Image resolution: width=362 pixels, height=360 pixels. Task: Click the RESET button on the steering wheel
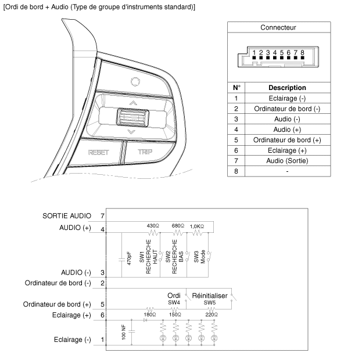[x=99, y=153]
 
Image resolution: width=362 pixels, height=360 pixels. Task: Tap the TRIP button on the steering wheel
[x=144, y=153]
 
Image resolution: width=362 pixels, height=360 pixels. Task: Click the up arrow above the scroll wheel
[x=133, y=103]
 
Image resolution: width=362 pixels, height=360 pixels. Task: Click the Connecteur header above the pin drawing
[x=278, y=27]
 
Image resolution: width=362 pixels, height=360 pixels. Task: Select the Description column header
[x=287, y=88]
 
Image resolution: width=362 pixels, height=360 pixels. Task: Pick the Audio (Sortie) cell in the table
[x=287, y=161]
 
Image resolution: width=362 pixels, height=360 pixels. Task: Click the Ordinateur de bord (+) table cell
[x=287, y=140]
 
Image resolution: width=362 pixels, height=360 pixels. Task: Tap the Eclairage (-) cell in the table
[x=287, y=98]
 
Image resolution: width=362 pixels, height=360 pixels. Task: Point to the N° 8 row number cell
[x=236, y=171]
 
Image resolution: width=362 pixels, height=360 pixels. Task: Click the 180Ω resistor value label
[x=148, y=314]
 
